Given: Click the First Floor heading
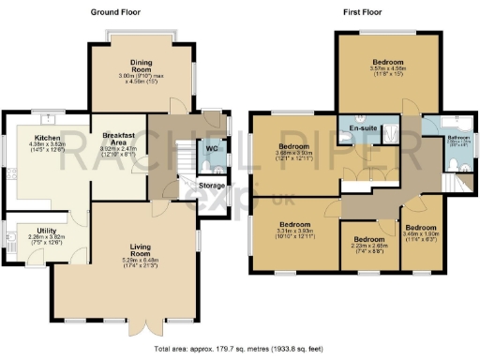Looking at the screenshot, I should coord(364,12).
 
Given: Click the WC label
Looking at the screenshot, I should coord(212,148).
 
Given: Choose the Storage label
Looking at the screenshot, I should coord(213,186).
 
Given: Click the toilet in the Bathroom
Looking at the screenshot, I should coord(451,166).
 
